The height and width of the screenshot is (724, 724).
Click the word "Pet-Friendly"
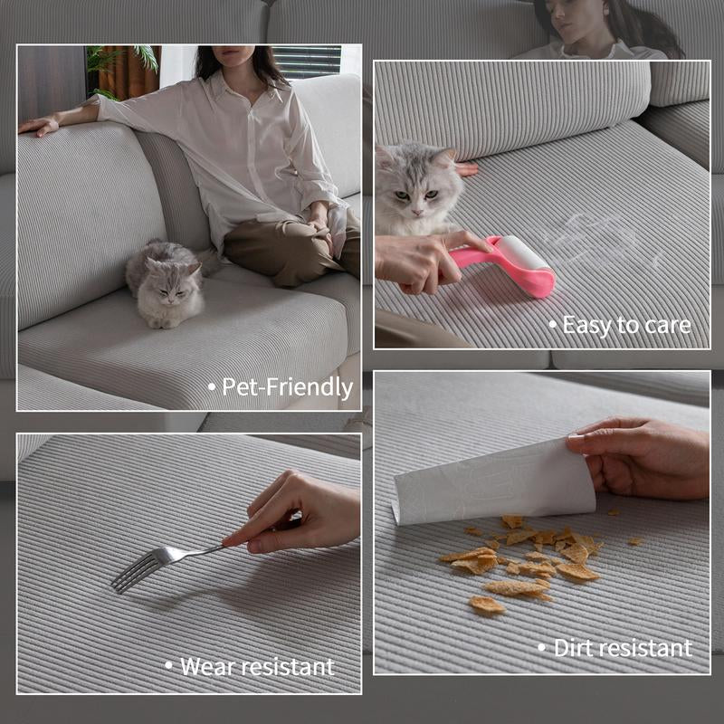pyautogui.click(x=287, y=387)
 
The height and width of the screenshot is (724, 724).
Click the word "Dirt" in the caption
pyautogui.click(x=572, y=648)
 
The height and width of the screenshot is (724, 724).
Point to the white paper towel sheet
pyautogui.click(x=494, y=482)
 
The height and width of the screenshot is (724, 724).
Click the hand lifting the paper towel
pyautogui.click(x=640, y=460)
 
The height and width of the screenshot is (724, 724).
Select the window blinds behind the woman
pyautogui.click(x=307, y=62)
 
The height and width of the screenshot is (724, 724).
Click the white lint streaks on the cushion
pyautogui.click(x=595, y=235)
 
